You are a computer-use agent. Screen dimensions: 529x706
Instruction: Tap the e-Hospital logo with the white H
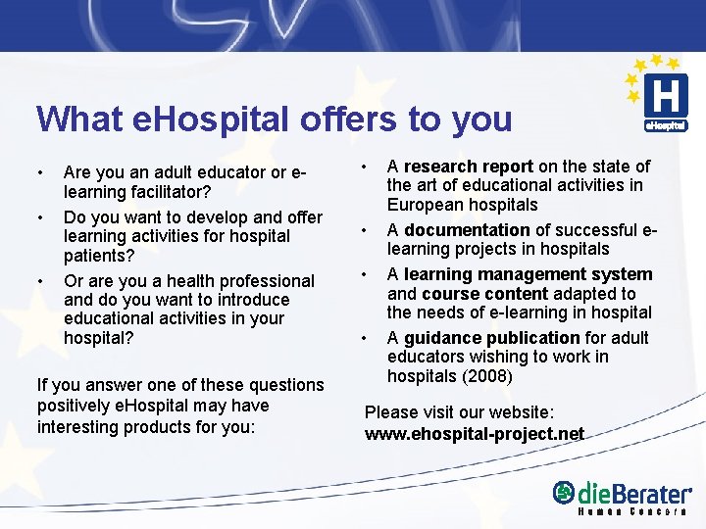[664, 99]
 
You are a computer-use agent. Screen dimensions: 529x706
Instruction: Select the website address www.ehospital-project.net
[475, 433]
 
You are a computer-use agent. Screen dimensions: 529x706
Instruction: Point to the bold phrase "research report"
[469, 167]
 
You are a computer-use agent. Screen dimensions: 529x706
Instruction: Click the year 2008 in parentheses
[487, 376]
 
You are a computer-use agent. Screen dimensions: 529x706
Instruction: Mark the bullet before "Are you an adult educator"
[40, 173]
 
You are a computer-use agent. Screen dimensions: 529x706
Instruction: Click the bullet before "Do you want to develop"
[40, 217]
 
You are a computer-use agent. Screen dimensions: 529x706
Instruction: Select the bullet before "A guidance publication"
[365, 338]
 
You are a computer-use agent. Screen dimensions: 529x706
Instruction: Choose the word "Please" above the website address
[391, 412]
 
